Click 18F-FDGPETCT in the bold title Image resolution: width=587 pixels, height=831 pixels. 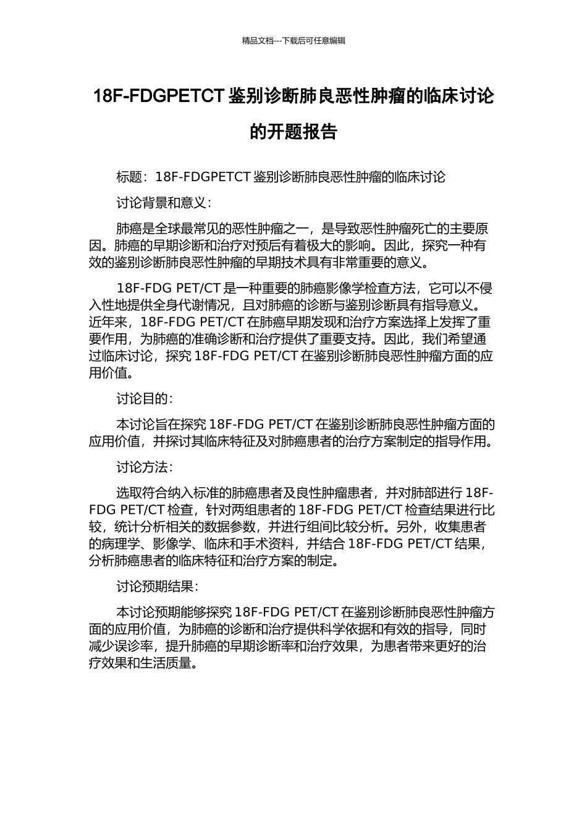coord(158,96)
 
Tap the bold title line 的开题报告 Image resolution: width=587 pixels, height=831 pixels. coord(293,132)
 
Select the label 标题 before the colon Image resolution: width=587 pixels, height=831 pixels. coord(129,177)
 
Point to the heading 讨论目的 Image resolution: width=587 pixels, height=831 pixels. coord(141,399)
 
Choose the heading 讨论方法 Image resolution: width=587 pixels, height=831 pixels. coord(141,467)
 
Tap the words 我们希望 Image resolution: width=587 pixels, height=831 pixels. coord(444,339)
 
